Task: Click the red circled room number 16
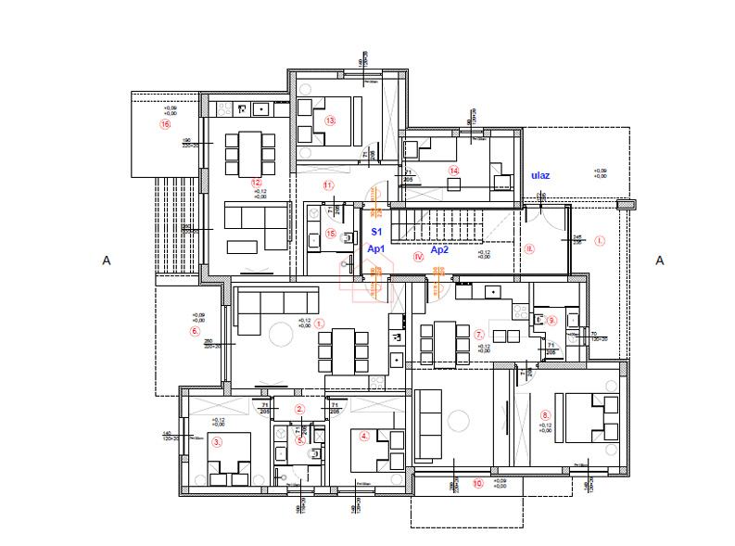(166, 123)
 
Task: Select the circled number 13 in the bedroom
(329, 121)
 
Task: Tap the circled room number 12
(257, 183)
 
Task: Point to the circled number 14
(453, 171)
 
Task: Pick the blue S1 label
(375, 230)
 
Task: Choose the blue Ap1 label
(375, 249)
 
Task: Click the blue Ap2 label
(438, 249)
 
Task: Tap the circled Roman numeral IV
(419, 256)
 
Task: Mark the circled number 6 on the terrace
(195, 331)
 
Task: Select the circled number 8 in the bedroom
(545, 414)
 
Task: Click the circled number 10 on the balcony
(478, 482)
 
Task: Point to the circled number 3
(217, 443)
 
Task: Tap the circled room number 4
(364, 436)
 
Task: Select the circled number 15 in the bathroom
(331, 234)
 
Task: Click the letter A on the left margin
(107, 261)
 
